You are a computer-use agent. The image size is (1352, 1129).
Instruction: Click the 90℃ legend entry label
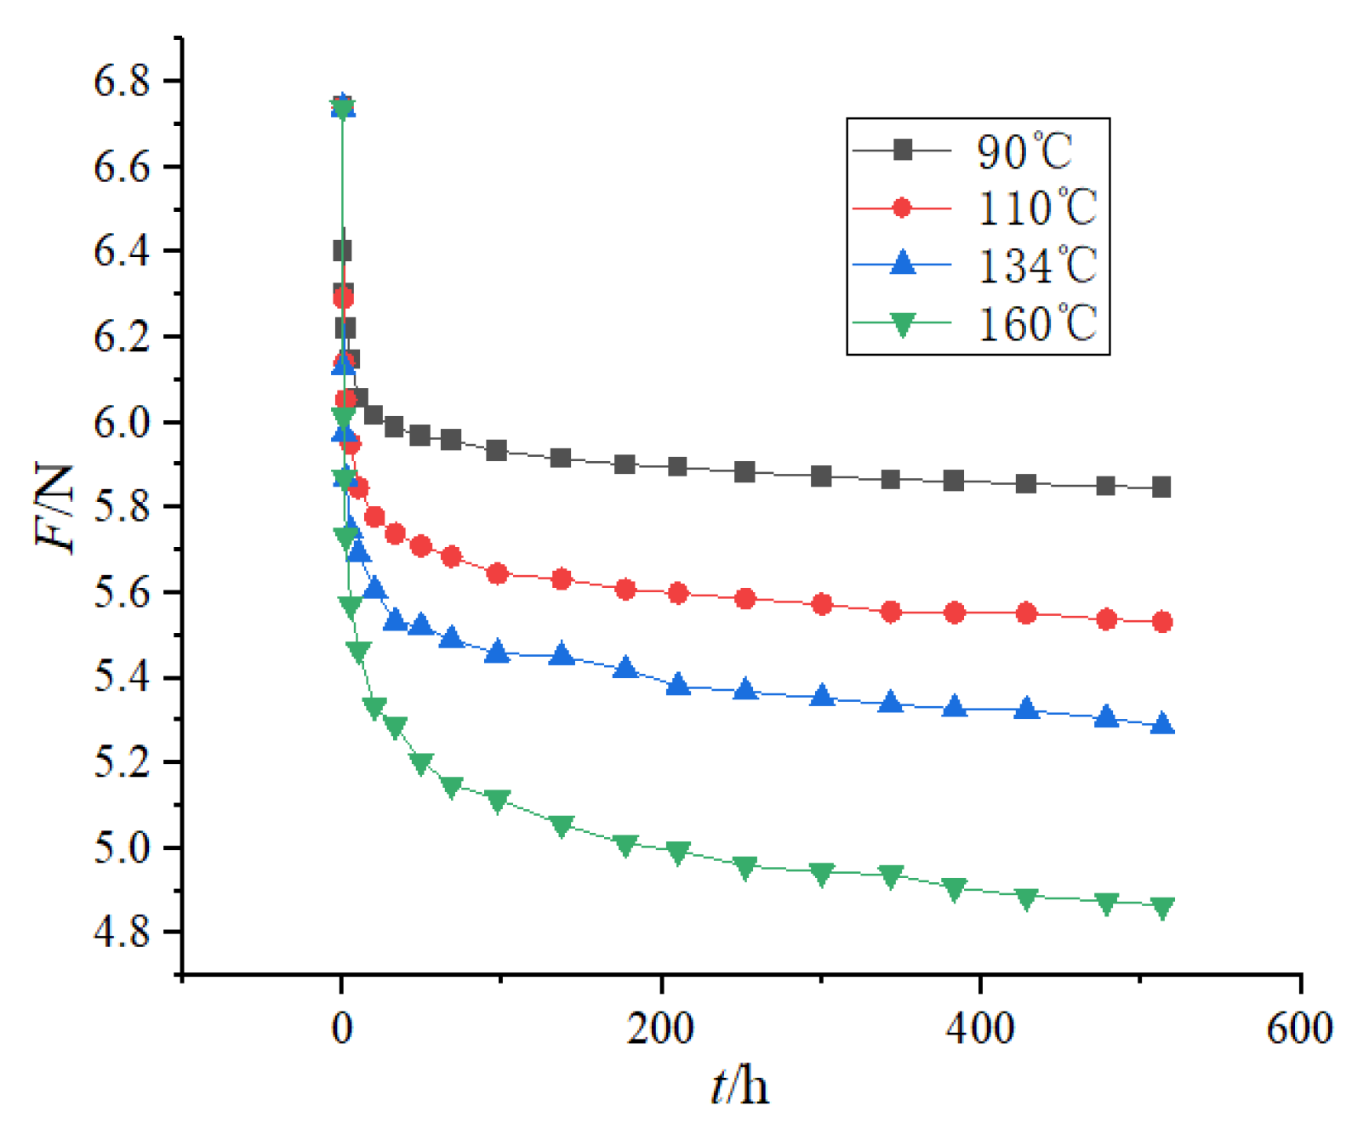coord(1025,151)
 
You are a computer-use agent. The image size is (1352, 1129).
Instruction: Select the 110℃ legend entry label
coord(1037,208)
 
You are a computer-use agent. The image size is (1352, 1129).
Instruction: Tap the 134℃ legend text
coord(1037,265)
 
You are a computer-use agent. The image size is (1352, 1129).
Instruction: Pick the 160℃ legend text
coord(1037,324)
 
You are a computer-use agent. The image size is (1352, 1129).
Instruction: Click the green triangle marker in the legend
coord(902,324)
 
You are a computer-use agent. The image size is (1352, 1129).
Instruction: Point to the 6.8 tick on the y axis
coord(122,82)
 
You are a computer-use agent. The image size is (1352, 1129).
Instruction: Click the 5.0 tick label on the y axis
coord(122,848)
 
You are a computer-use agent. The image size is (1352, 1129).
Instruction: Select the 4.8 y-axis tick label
coord(122,932)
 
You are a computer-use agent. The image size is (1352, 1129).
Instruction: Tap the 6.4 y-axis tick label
coord(122,252)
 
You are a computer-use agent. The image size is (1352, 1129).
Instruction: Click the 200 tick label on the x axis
coord(660,1028)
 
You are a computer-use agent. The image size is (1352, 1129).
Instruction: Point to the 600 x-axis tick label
coord(1298,1028)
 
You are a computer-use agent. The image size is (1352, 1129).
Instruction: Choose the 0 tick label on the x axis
coord(342,1028)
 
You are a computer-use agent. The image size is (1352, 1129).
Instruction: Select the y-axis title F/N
coord(56,508)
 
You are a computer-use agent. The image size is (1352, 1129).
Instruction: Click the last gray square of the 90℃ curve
coord(1161,488)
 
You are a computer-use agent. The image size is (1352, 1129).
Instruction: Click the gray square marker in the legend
coord(902,151)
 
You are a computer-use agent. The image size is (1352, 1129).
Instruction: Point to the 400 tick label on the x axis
coord(980,1028)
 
